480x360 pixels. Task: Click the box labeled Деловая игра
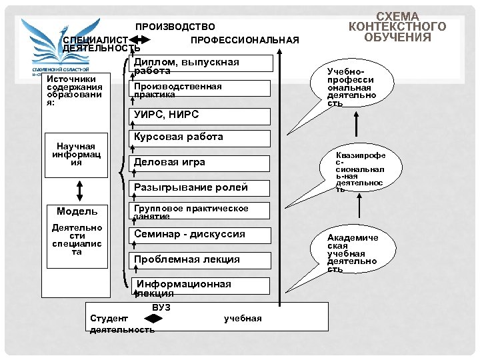tap(199, 163)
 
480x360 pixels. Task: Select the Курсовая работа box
tap(199, 138)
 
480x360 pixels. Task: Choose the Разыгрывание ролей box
tap(199, 188)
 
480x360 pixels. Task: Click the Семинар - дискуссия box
tap(199, 235)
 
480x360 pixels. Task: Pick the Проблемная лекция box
tap(199, 259)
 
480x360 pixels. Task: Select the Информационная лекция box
tap(199, 287)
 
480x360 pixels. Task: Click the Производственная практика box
tap(199, 89)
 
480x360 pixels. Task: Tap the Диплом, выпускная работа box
tap(199, 64)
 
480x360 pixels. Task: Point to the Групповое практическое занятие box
tap(199, 211)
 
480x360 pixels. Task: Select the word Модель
tap(77, 211)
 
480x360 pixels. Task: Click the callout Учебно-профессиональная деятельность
tap(352, 83)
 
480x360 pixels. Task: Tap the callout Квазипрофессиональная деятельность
tap(360, 171)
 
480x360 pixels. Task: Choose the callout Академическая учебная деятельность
tap(352, 252)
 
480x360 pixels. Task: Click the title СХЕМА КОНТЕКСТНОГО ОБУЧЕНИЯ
tap(397, 26)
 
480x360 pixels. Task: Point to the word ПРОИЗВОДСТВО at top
tap(175, 27)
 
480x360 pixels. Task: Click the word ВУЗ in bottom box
tap(161, 307)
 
